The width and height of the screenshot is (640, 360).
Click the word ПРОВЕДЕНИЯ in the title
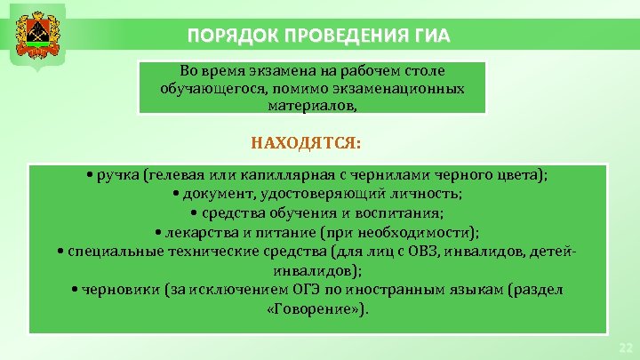point(338,36)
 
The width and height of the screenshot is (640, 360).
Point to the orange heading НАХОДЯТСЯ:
point(306,142)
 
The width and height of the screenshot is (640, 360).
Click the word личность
point(432,194)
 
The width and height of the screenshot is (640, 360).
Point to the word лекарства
point(197,233)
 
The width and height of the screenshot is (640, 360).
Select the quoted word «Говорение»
point(316,309)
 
